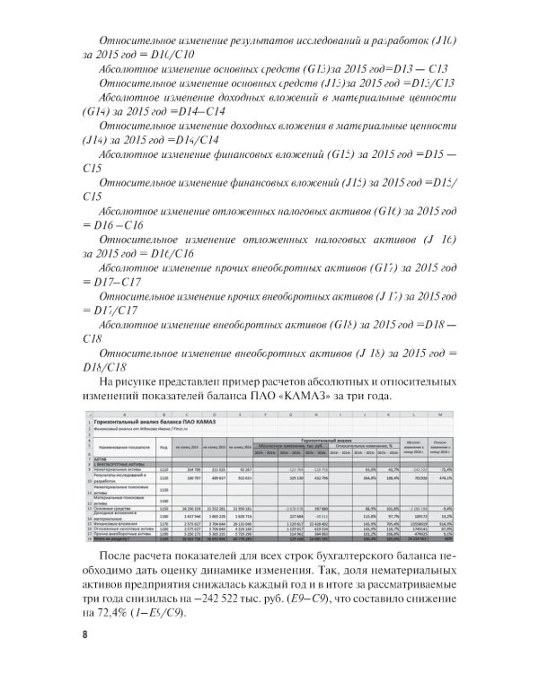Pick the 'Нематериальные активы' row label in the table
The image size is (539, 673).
coord(115,468)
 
